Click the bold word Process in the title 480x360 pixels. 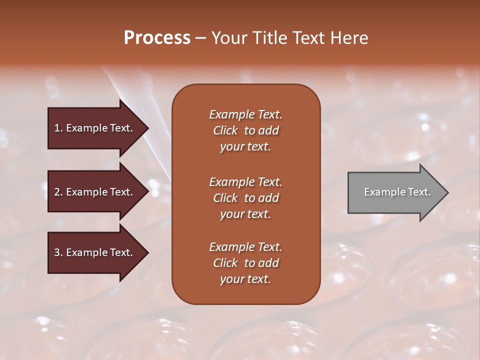157,38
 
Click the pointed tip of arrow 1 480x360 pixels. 147,128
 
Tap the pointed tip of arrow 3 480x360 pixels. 147,253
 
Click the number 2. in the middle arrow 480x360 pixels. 58,192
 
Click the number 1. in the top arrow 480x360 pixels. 58,128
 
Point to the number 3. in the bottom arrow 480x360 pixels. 58,253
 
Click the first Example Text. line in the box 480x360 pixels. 245,114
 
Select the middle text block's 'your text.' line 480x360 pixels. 245,214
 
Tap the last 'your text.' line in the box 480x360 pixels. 245,279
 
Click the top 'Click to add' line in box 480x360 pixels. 245,130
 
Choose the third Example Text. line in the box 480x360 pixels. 245,247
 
